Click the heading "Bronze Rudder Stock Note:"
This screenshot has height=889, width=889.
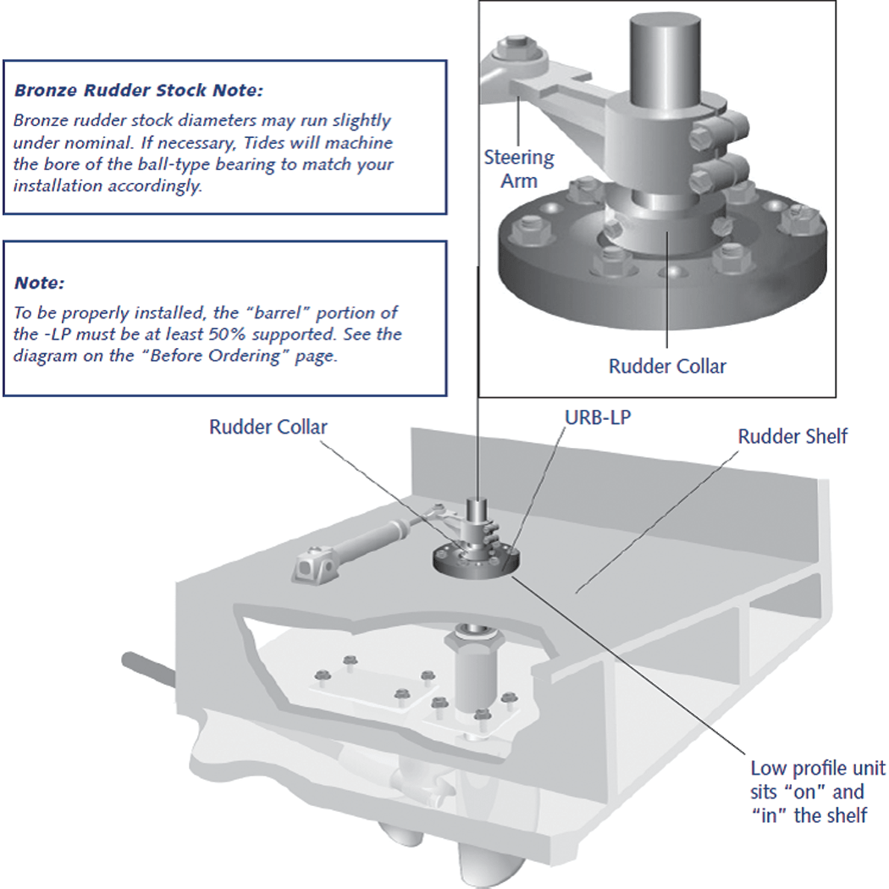click(x=139, y=89)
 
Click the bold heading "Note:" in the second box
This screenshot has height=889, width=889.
click(x=39, y=282)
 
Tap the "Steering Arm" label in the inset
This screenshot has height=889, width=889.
click(x=519, y=168)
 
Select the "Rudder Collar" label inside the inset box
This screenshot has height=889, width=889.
click(x=667, y=366)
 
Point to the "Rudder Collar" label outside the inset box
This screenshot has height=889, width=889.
click(x=268, y=427)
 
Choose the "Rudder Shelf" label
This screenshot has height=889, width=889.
click(x=792, y=437)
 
